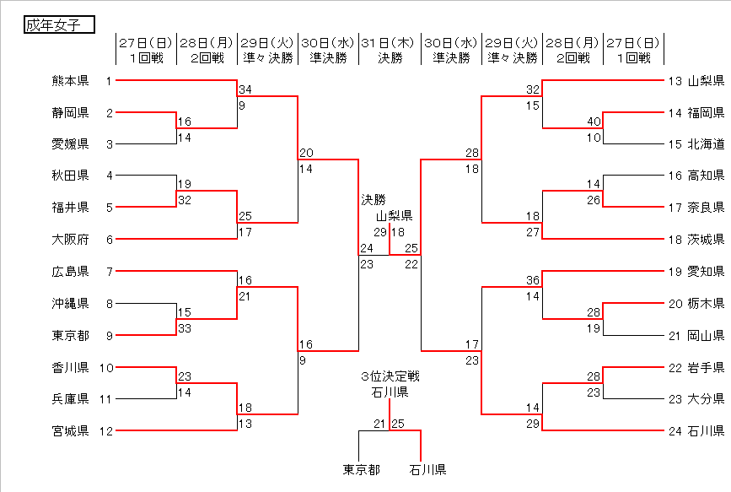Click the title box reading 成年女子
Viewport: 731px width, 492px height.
[57, 25]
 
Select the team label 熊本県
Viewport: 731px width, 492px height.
[70, 81]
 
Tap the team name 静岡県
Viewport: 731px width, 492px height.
[70, 113]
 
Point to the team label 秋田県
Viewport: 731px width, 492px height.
[70, 176]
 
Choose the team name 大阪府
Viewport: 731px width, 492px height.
[70, 240]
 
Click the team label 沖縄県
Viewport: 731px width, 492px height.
[70, 304]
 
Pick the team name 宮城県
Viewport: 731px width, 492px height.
[70, 432]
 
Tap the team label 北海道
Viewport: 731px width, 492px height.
[706, 144]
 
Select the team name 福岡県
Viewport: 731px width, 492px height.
[706, 113]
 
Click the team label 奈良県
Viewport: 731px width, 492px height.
[706, 208]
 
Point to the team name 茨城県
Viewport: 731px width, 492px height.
[706, 240]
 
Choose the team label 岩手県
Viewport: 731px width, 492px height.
[706, 368]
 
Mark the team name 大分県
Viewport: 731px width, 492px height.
[706, 400]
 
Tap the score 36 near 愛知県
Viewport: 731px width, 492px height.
[532, 281]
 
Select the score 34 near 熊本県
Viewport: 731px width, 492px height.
[245, 89]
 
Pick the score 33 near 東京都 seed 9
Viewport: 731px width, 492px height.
[185, 328]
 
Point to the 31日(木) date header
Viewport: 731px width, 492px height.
[390, 42]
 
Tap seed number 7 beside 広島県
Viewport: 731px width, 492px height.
[109, 272]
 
